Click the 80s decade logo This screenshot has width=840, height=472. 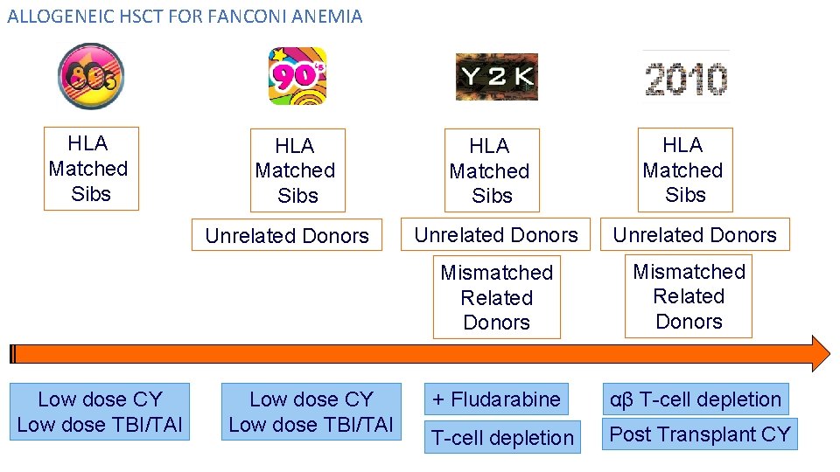click(91, 76)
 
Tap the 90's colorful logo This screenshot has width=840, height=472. click(297, 76)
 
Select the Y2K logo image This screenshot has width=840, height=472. click(496, 77)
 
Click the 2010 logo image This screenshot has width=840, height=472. click(686, 77)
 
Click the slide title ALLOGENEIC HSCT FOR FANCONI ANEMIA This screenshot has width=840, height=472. click(185, 16)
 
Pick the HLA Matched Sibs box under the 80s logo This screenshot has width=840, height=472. click(90, 169)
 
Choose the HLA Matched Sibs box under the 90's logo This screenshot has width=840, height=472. click(297, 170)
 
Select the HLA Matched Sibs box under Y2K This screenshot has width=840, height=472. click(490, 170)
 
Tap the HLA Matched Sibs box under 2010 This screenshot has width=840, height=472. click(683, 170)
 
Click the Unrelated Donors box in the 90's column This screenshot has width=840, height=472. click(287, 235)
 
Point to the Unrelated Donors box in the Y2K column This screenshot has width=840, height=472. click(496, 234)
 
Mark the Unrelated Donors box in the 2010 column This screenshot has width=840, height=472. click(695, 234)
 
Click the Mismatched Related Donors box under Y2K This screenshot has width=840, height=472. click(496, 297)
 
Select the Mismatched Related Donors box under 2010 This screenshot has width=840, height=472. click(689, 296)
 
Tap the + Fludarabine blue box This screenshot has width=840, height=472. click(496, 399)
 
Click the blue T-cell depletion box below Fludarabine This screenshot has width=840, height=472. click(502, 438)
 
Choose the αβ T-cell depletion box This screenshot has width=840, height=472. click(695, 399)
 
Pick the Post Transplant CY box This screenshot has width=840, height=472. click(699, 434)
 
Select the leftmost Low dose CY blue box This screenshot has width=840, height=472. click(100, 412)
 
